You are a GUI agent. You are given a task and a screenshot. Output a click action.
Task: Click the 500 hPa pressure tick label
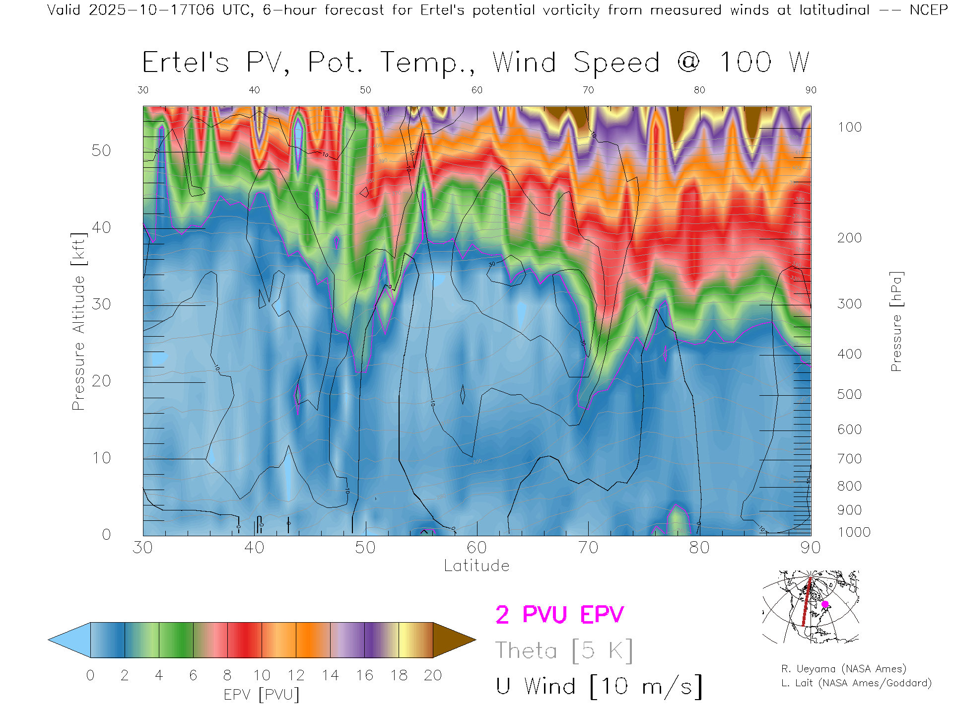tap(849, 394)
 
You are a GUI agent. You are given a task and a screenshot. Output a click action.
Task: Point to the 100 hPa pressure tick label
tap(849, 127)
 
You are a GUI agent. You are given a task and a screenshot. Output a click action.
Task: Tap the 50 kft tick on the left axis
tap(101, 150)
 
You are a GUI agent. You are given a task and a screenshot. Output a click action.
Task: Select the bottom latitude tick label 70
tap(588, 547)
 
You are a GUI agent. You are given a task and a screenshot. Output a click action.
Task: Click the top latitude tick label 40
tap(254, 90)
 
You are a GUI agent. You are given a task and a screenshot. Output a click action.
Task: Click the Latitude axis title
tap(476, 566)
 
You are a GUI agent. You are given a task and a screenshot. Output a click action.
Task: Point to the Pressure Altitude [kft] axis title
tap(78, 321)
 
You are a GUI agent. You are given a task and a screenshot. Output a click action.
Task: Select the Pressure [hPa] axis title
tap(896, 321)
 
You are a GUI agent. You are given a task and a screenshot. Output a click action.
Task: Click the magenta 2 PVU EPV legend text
tap(559, 615)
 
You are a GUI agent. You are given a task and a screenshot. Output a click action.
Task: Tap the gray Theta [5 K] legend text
tap(564, 650)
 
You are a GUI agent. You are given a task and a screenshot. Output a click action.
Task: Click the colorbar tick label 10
tap(262, 675)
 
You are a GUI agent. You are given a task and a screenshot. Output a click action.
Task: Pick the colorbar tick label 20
tap(433, 675)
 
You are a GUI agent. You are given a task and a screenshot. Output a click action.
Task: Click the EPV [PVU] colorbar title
tap(262, 695)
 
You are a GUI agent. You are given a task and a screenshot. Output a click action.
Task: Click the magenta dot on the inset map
tap(825, 604)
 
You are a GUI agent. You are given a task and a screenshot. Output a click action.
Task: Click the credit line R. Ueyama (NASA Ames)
tap(843, 669)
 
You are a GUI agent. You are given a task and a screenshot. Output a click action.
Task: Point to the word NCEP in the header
tap(928, 10)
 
